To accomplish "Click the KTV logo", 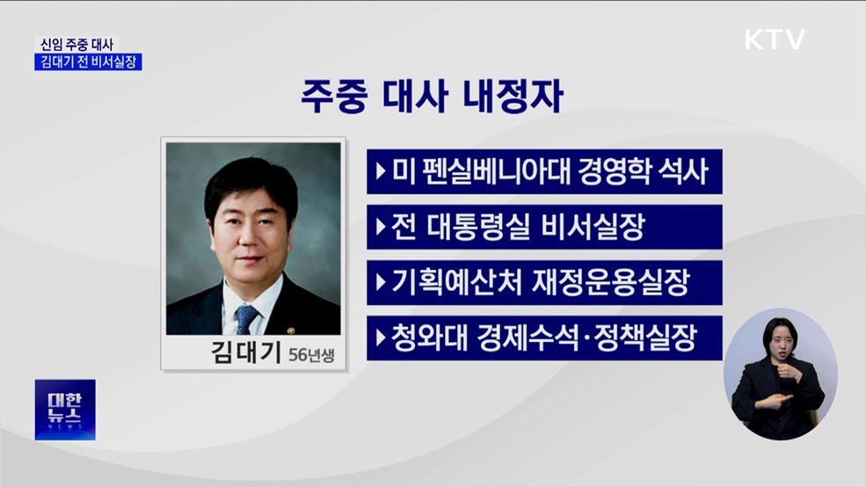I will (x=774, y=40).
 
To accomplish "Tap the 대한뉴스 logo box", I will (x=65, y=410).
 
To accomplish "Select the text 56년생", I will (x=311, y=355).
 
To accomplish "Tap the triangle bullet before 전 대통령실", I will (x=380, y=227).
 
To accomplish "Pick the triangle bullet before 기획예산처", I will (x=380, y=282).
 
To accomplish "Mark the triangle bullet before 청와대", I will (x=380, y=338).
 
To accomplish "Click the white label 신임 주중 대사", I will (x=76, y=44).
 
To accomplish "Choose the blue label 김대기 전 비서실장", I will (x=88, y=62).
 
